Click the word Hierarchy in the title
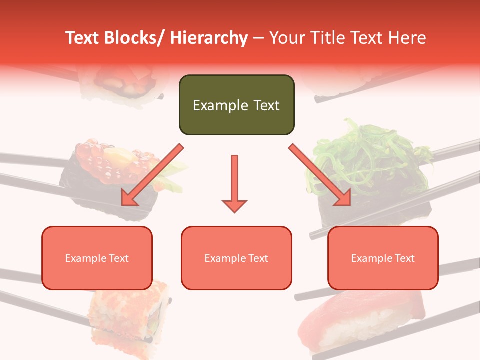(x=209, y=38)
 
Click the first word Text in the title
(x=83, y=38)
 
